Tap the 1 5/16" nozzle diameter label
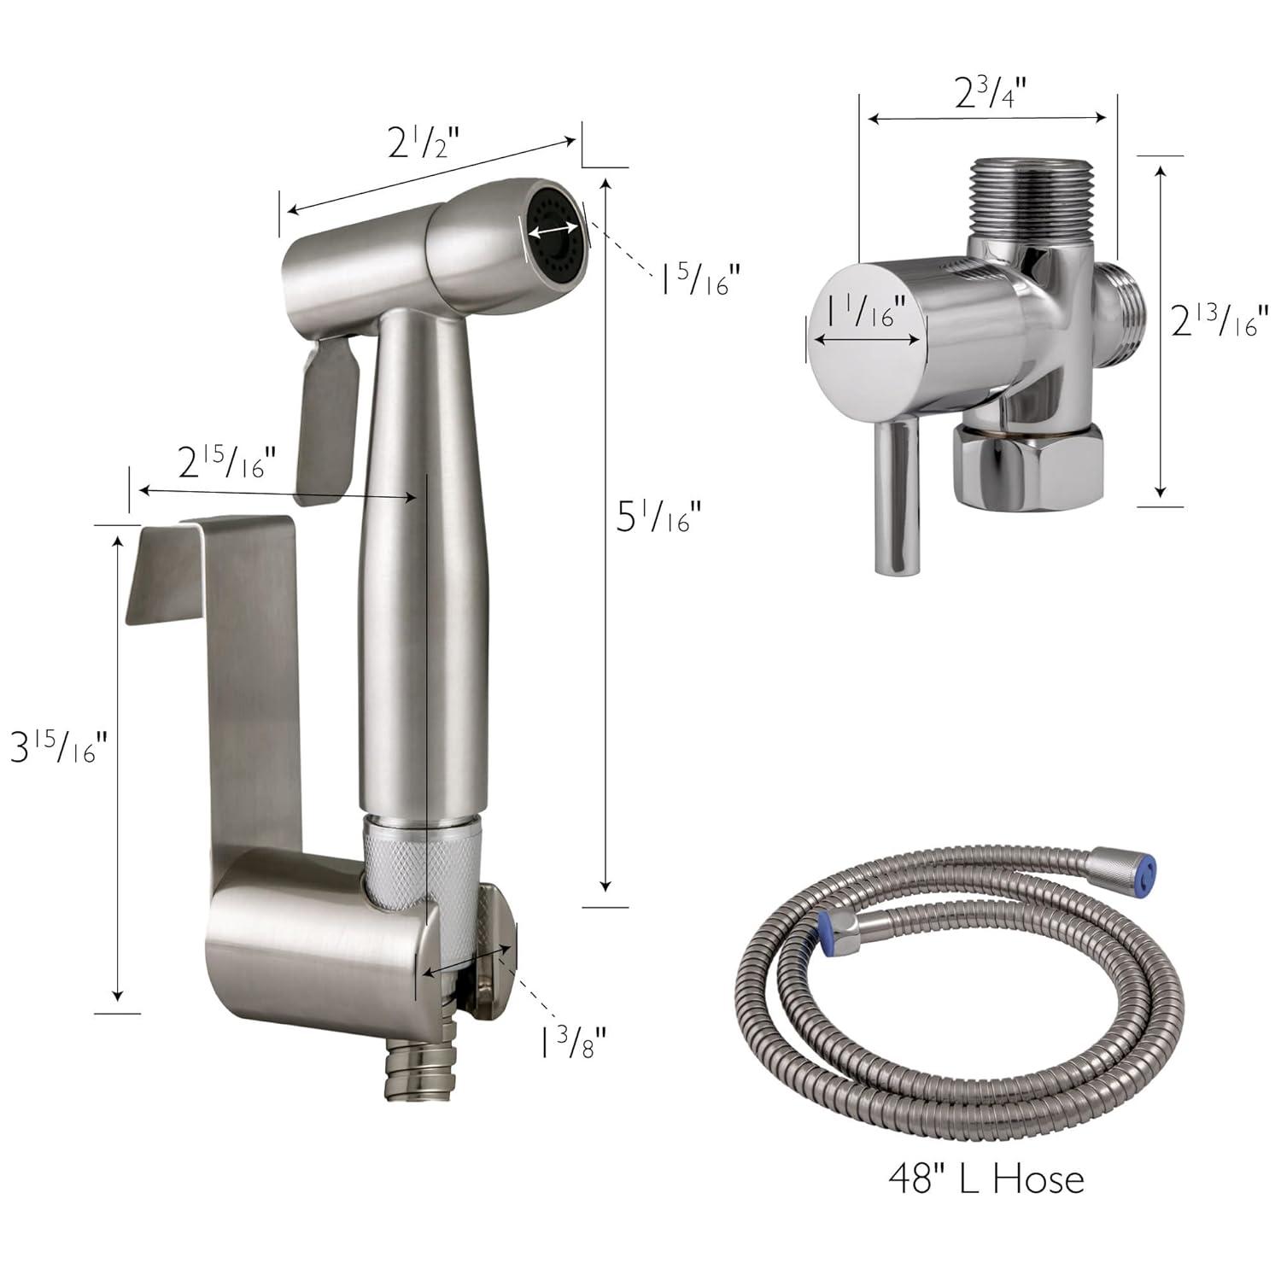click(697, 278)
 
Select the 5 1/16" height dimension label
click(658, 516)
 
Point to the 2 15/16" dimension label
click(226, 463)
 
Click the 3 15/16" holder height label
click(58, 749)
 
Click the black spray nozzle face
click(554, 230)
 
